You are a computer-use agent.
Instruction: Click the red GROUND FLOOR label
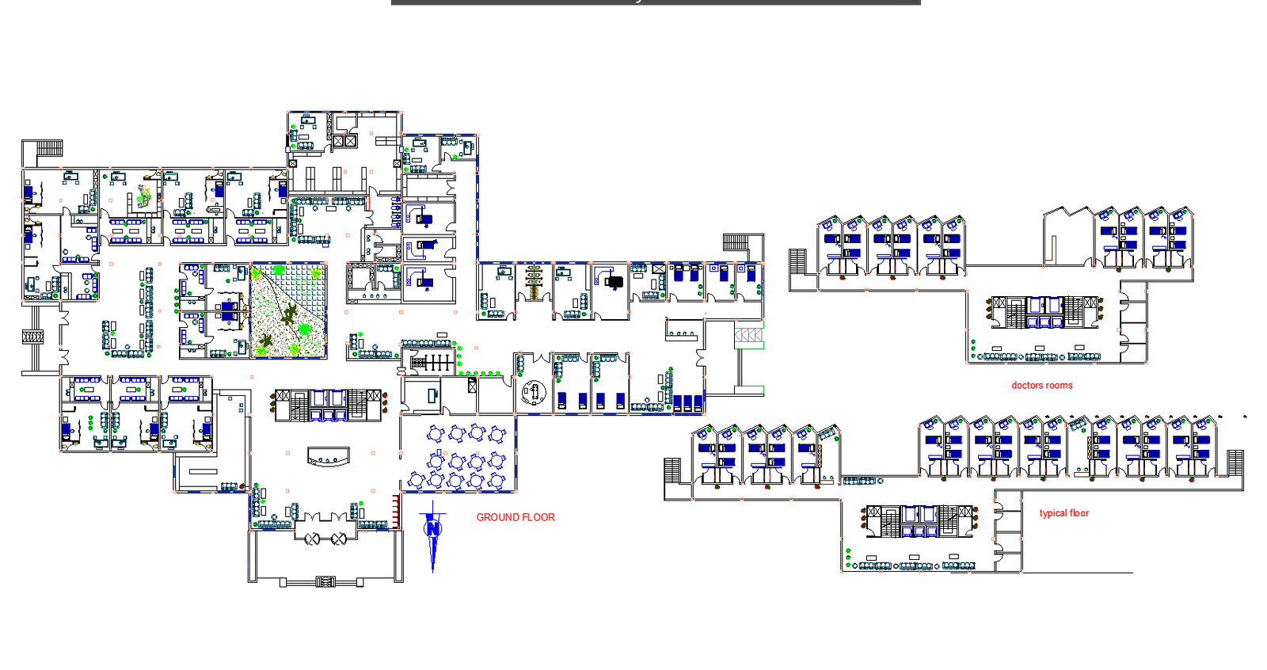click(x=516, y=517)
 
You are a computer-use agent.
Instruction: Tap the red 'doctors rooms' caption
click(x=1042, y=386)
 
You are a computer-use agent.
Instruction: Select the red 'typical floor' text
click(x=1064, y=513)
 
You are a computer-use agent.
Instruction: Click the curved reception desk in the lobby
click(x=328, y=457)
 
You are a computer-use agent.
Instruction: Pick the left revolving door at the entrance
click(x=312, y=539)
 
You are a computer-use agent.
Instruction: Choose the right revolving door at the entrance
click(x=339, y=539)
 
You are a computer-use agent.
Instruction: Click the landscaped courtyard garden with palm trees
click(x=288, y=310)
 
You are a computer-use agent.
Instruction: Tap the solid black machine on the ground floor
click(x=614, y=281)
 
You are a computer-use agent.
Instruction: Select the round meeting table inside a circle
click(x=534, y=391)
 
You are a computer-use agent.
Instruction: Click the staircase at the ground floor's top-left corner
click(x=50, y=149)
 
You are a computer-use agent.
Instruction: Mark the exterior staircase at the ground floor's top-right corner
click(x=736, y=242)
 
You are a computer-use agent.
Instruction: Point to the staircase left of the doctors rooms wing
click(x=797, y=261)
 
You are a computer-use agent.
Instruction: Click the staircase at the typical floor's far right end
click(x=1235, y=463)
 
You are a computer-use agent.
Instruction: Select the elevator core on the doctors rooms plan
click(x=1044, y=312)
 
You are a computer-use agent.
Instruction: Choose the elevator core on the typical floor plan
click(x=919, y=521)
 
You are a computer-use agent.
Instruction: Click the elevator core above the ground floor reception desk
click(x=328, y=405)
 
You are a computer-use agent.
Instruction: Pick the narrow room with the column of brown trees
click(x=534, y=291)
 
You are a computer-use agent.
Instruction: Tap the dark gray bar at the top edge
click(x=656, y=2)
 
